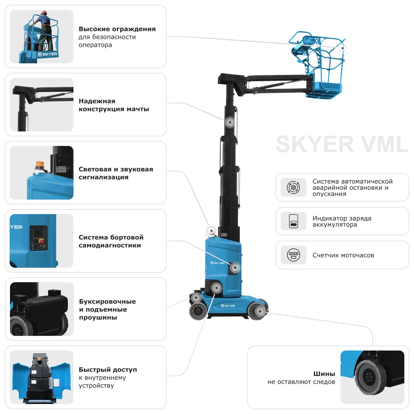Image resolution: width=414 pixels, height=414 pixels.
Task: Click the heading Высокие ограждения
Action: pos(117,29)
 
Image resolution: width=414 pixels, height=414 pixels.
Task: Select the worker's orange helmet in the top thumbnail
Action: pos(43,13)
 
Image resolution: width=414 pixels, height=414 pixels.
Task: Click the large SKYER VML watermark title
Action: pos(342,144)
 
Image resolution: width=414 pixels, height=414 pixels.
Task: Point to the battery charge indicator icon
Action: pos(293,221)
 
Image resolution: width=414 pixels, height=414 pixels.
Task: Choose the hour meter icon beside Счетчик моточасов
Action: pos(293,255)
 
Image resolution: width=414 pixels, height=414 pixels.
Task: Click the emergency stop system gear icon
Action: pos(293,187)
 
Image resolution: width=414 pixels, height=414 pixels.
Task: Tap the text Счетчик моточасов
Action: pos(343,255)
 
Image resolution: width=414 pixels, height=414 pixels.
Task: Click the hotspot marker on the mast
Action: pos(229,122)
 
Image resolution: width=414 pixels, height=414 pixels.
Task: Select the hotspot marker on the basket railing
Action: pos(342,48)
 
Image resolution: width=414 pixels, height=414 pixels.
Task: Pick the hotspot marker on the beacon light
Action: pos(211,230)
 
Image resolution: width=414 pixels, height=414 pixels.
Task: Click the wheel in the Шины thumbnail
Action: pos(368,377)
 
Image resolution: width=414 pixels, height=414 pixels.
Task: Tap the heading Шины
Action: pos(324,374)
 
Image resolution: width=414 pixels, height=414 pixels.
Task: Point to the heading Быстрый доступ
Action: pos(108,369)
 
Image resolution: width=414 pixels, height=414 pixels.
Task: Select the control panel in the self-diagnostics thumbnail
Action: pos(38,238)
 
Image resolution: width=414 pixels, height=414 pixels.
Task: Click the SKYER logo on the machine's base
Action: pos(228,306)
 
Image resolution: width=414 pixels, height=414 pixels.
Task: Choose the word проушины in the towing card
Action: pos(98,317)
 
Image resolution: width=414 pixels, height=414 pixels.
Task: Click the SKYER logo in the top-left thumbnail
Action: pos(48,54)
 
